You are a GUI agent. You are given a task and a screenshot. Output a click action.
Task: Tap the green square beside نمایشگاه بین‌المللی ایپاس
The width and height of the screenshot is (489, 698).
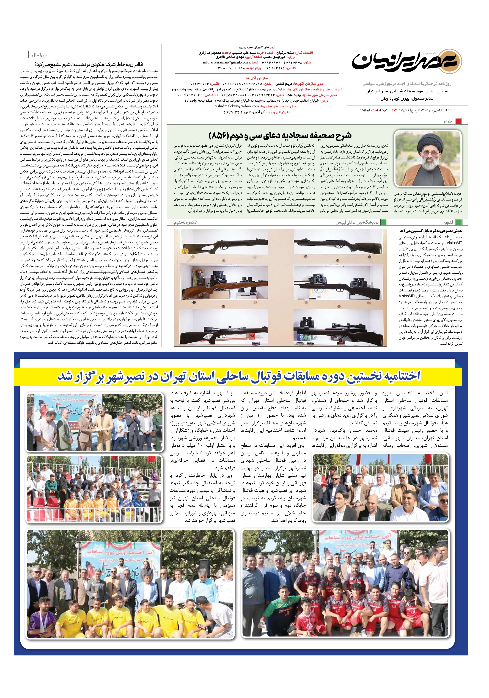pyautogui.click(x=384, y=222)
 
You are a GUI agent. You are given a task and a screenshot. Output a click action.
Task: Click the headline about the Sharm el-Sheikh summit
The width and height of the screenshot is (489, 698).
pyautogui.click(x=89, y=64)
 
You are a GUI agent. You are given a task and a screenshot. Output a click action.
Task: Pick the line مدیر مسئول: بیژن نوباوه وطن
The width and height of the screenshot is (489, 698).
pyautogui.click(x=407, y=99)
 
